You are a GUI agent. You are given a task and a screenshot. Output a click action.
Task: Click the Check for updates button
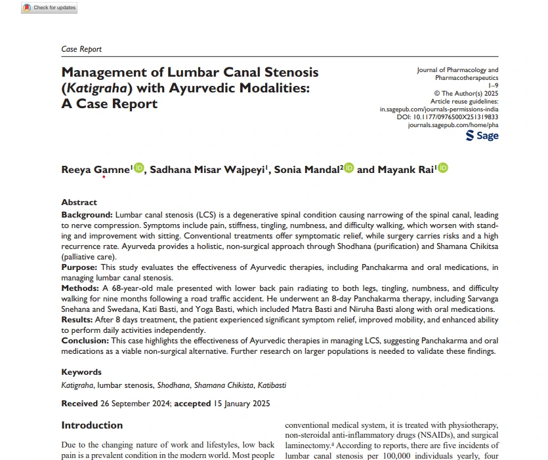tap(49, 8)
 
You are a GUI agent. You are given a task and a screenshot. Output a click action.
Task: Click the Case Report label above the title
tap(81, 49)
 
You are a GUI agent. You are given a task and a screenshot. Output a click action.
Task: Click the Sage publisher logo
tap(482, 136)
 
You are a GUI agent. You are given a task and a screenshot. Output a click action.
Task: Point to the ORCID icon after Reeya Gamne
tap(138, 169)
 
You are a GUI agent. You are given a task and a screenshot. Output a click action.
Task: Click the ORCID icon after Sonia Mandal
tap(348, 169)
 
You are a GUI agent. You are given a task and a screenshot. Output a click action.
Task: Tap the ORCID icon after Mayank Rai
tap(444, 169)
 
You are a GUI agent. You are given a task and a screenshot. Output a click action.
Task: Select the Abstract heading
tap(79, 202)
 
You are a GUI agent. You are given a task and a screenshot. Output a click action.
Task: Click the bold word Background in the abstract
tap(87, 215)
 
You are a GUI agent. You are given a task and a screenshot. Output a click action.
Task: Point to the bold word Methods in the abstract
tap(80, 288)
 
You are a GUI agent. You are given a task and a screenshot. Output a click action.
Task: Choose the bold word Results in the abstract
tap(79, 318)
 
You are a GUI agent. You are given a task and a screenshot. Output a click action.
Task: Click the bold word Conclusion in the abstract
tap(84, 341)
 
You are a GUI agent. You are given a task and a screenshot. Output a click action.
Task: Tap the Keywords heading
tap(81, 372)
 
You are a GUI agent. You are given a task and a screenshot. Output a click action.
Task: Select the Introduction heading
tap(92, 425)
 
